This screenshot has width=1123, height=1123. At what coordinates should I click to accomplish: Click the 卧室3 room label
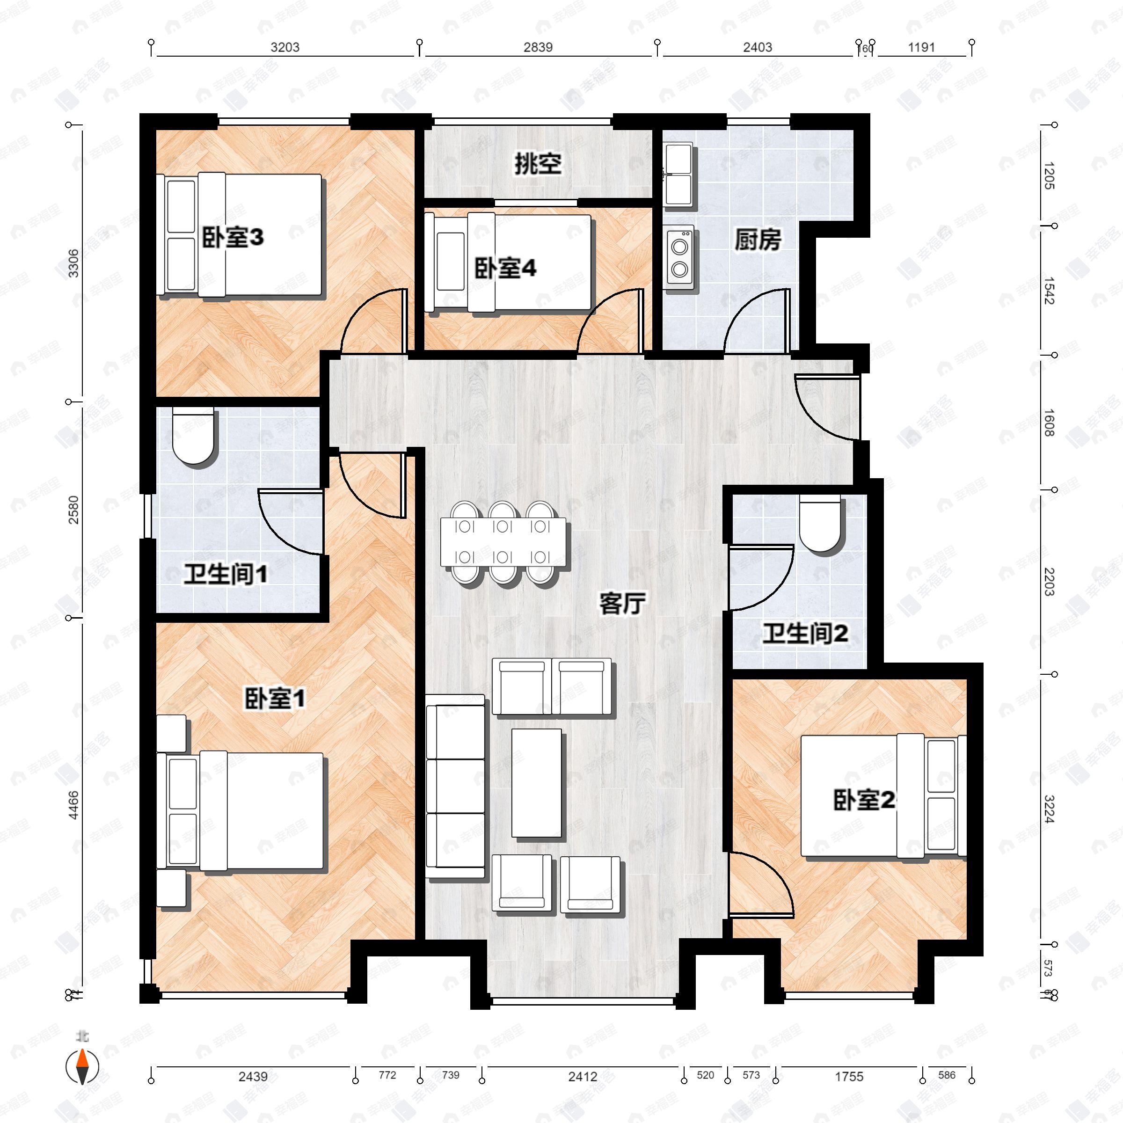(x=233, y=237)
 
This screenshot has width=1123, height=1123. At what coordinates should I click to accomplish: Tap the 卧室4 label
(x=505, y=269)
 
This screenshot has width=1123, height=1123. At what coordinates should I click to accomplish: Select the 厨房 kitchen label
(x=758, y=240)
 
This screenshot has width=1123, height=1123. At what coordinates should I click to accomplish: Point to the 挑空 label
(x=538, y=165)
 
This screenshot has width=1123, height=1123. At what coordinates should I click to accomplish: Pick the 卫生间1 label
(x=226, y=575)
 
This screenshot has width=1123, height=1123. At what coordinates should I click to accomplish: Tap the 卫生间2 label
(x=805, y=634)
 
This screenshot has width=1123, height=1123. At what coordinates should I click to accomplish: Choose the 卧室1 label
(x=274, y=699)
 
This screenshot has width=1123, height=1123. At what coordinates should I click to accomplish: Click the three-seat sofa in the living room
(x=455, y=787)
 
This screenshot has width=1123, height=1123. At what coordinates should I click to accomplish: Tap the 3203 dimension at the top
(x=285, y=48)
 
